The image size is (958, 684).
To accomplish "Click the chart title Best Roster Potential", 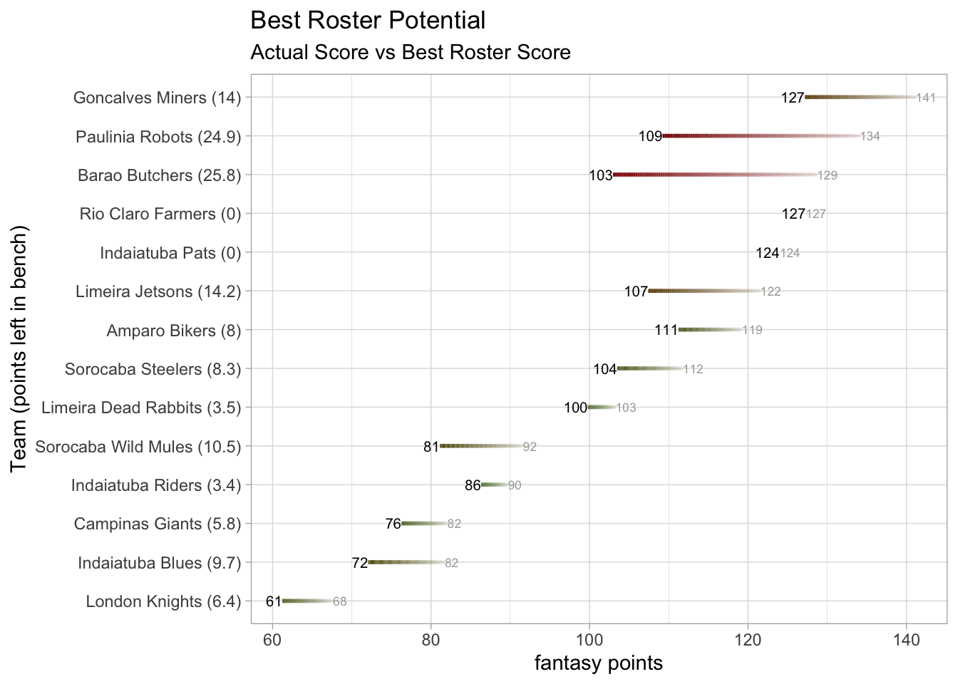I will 368,21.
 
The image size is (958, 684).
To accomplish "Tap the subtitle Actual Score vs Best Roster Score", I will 411,53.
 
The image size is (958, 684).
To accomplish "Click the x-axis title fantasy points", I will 599,663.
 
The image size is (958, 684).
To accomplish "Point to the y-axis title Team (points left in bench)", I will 19,348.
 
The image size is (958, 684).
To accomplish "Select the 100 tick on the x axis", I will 589,640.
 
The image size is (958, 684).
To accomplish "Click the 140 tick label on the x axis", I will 906,640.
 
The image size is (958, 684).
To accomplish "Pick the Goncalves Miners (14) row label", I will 157,98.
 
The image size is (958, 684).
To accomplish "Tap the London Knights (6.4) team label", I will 163,602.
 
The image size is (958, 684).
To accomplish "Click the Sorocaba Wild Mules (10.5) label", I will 138,447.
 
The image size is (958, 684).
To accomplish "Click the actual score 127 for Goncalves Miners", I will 793,98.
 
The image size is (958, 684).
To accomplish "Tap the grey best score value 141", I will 926,98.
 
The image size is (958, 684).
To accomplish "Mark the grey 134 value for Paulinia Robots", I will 870,136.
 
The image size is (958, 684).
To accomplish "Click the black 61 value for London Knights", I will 274,601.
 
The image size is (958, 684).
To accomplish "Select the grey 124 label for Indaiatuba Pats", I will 790,253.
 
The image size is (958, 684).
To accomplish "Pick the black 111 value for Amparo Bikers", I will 666,330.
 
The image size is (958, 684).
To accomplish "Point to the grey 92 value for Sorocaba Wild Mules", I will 530,447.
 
